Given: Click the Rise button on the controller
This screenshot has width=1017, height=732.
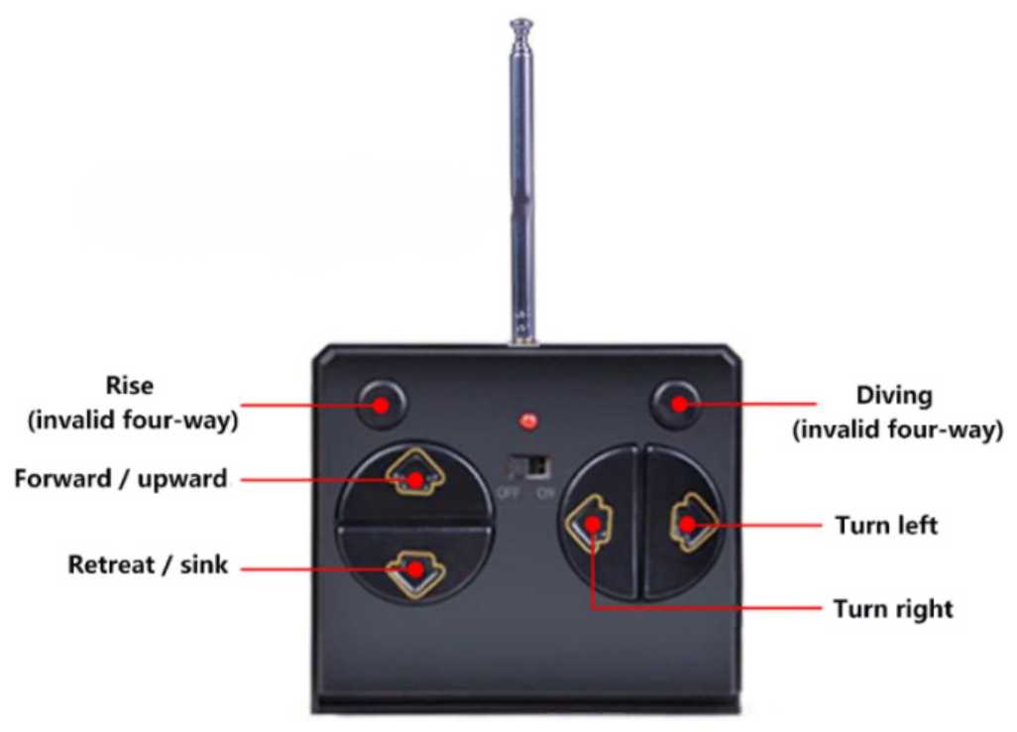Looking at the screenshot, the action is pyautogui.click(x=382, y=405).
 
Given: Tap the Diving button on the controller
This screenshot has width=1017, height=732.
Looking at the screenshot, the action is pyautogui.click(x=676, y=405).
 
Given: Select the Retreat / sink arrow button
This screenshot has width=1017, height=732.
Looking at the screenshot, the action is pyautogui.click(x=415, y=573).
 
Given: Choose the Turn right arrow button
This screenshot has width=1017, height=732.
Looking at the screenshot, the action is pyautogui.click(x=589, y=523).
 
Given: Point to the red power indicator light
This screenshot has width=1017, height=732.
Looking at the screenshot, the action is pyautogui.click(x=528, y=422).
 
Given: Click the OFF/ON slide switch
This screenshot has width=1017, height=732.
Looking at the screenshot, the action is pyautogui.click(x=529, y=466).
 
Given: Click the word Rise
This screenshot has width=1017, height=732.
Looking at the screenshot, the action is pyautogui.click(x=130, y=386).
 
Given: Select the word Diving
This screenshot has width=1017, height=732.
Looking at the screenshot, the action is pyautogui.click(x=894, y=395).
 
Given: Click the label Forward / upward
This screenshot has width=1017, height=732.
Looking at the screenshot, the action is pyautogui.click(x=121, y=479).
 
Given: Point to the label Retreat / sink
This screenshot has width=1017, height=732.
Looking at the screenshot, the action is pyautogui.click(x=148, y=564).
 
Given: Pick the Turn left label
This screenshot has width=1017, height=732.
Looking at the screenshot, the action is pyautogui.click(x=886, y=525).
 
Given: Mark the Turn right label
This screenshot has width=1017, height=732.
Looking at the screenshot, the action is pyautogui.click(x=893, y=609).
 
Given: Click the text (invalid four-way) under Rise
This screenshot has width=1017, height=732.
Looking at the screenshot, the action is pyautogui.click(x=133, y=421).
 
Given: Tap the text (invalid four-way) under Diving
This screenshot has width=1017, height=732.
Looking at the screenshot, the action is pyautogui.click(x=898, y=430).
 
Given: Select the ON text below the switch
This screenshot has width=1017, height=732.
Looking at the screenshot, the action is pyautogui.click(x=546, y=493).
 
